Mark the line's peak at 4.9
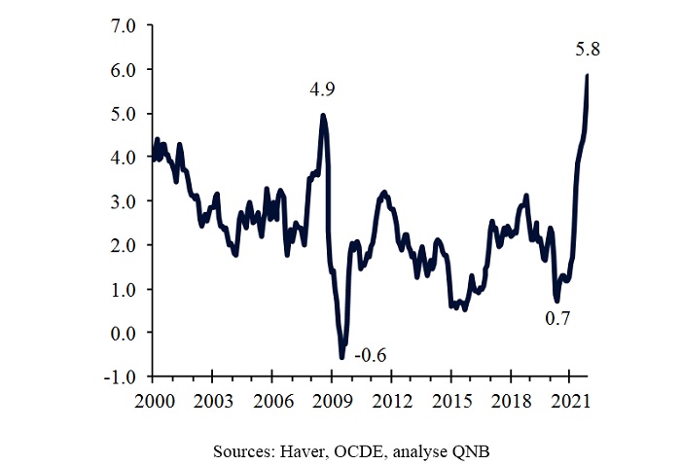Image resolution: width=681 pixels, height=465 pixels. pyautogui.click(x=323, y=116)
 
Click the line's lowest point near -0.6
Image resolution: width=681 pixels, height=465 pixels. pyautogui.click(x=341, y=358)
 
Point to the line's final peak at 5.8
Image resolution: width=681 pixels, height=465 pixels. pyautogui.click(x=588, y=76)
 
